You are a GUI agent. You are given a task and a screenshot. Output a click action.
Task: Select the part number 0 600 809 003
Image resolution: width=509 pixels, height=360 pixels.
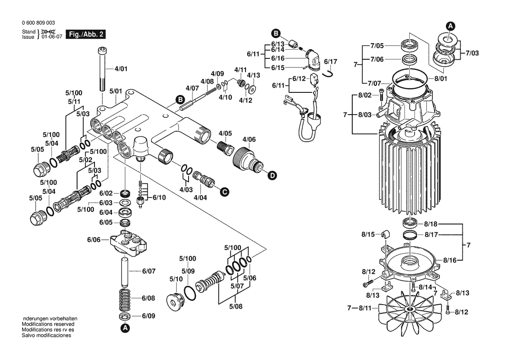coord(38,23)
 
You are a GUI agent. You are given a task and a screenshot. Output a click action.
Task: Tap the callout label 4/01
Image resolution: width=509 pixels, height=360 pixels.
coord(121,69)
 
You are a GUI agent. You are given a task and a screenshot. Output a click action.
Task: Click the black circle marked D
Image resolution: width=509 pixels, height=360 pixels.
coord(272,176)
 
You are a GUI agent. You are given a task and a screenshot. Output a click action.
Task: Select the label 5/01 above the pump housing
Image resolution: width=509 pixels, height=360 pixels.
coord(115,91)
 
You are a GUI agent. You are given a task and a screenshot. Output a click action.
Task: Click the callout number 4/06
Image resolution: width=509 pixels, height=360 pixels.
coord(249,139)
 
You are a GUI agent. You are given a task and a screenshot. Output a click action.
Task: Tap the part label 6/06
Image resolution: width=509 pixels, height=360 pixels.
coord(94,239)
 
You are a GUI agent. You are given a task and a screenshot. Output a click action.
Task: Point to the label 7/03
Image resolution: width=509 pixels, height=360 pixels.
coord(472,53)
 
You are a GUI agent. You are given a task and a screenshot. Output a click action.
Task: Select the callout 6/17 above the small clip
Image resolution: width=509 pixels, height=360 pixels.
coord(330,61)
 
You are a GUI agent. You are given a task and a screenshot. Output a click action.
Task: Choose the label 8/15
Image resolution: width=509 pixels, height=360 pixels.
coord(368,234)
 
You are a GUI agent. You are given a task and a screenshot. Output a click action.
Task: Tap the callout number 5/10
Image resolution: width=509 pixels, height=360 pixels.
coord(176,279)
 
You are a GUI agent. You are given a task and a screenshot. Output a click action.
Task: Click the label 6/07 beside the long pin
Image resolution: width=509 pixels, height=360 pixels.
coord(148,271)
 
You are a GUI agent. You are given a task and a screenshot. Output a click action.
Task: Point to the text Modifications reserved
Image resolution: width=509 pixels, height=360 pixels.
coord(48,324)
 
